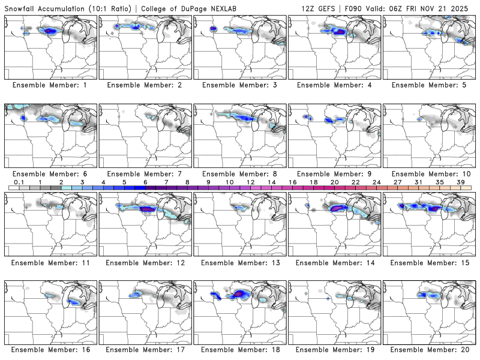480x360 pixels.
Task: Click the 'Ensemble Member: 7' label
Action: point(145,173)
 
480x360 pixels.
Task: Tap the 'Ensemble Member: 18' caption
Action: point(239,349)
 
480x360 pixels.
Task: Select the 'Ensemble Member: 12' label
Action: point(145,262)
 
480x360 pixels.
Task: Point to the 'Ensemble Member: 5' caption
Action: point(428,85)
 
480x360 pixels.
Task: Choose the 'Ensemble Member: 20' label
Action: point(428,349)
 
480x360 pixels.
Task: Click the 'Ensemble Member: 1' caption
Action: point(50,85)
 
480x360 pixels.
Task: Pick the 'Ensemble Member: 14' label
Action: point(334,262)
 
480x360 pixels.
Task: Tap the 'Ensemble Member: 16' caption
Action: point(50,349)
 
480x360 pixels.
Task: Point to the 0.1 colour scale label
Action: point(19,182)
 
